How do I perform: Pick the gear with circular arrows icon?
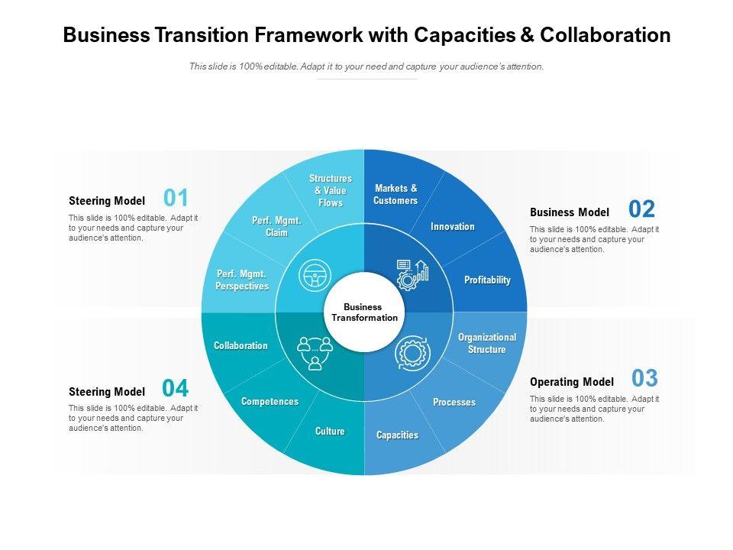click(413, 353)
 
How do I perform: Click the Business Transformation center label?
click(364, 312)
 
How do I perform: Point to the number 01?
click(176, 199)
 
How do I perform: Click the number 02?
click(641, 209)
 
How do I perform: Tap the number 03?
click(644, 378)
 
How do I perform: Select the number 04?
click(176, 389)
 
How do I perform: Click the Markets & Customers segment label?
click(396, 195)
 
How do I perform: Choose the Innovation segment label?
click(452, 227)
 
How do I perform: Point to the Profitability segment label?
click(487, 280)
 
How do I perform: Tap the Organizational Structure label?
click(487, 343)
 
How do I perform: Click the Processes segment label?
click(454, 403)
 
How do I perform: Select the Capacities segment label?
click(397, 435)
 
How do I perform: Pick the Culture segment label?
click(330, 432)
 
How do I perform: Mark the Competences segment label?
click(270, 402)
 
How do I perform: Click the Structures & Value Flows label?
click(331, 191)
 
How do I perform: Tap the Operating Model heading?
click(571, 382)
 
